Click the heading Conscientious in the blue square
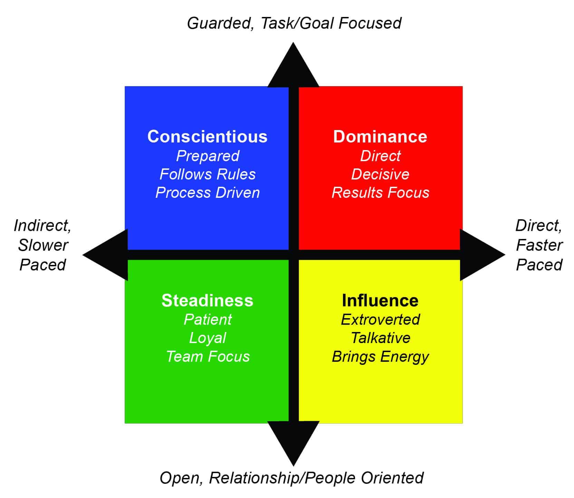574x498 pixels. [x=207, y=137]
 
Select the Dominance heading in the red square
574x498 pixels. [x=380, y=137]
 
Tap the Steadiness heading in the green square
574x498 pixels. [x=207, y=301]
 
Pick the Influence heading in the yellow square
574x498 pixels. [x=380, y=301]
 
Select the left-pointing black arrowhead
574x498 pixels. [x=105, y=255]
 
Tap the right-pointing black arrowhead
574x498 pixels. [x=482, y=255]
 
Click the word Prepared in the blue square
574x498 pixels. [x=208, y=156]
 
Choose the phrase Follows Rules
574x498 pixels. [x=208, y=174]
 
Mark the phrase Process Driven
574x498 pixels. [x=208, y=193]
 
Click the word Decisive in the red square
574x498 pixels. [x=380, y=174]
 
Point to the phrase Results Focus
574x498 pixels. [x=380, y=193]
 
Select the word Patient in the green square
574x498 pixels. [x=208, y=320]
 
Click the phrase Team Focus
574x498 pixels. [x=208, y=357]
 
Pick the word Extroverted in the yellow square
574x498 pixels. [x=380, y=320]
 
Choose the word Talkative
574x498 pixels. [x=380, y=338]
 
